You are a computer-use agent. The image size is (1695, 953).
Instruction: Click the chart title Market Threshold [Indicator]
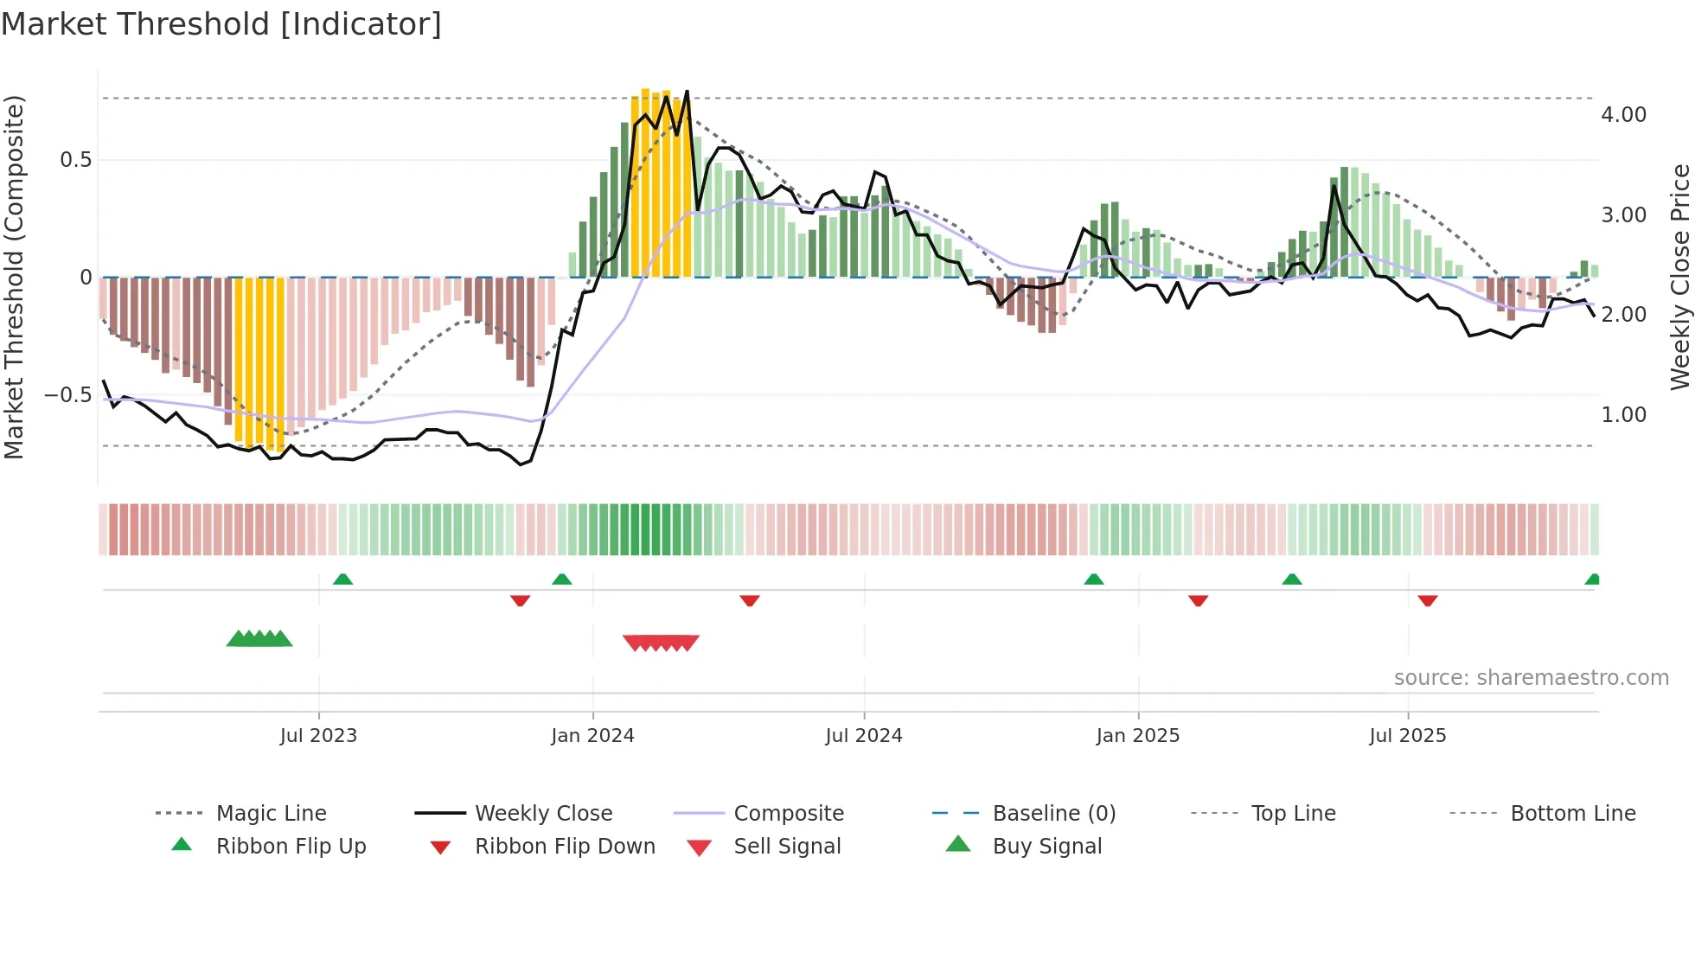coord(221,24)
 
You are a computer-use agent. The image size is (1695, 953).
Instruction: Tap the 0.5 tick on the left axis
coord(75,160)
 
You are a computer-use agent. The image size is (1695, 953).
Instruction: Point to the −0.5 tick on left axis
coord(67,395)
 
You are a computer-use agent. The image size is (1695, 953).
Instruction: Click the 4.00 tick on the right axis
coord(1623,115)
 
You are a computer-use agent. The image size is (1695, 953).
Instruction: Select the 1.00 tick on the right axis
coord(1623,415)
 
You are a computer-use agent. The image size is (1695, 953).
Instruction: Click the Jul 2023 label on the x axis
coord(318,736)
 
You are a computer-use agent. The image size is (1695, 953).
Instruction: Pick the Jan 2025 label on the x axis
coord(1137,736)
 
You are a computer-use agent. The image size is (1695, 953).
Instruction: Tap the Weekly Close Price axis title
coord(1679,277)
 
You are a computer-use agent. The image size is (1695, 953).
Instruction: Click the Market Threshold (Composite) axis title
coord(14,277)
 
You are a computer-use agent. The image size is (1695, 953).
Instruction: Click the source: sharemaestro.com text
coord(1531,678)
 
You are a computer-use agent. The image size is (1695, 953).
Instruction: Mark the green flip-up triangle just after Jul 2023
coord(342,579)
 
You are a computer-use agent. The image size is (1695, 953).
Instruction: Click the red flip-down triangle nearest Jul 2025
coord(1428,600)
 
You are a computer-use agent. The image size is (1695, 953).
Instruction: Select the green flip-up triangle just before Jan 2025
coord(1094,579)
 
